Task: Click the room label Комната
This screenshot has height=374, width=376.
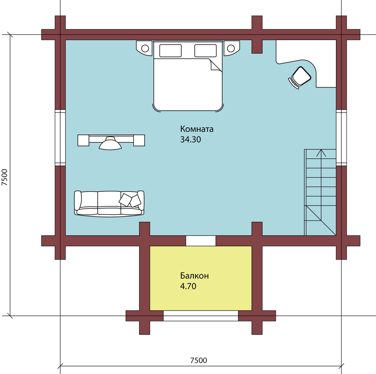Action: (197, 129)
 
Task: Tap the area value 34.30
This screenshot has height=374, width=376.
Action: (191, 140)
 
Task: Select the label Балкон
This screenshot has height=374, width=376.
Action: (194, 276)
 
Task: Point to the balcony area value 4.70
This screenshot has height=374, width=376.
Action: (188, 286)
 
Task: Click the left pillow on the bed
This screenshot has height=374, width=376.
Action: (170, 51)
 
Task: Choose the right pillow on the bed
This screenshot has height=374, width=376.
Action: (206, 51)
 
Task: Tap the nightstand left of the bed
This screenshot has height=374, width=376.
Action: (145, 48)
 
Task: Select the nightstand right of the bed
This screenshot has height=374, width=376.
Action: (231, 48)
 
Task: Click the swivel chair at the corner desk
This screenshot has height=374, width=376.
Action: (300, 77)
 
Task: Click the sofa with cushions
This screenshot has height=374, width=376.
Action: (109, 204)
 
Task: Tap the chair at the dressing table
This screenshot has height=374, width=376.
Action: (110, 144)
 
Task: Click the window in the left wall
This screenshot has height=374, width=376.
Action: (60, 137)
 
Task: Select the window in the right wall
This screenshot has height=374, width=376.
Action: (341, 137)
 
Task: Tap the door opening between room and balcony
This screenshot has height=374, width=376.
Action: (201, 241)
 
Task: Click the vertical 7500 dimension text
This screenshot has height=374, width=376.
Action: (5, 177)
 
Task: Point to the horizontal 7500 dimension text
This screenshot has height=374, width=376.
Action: (198, 360)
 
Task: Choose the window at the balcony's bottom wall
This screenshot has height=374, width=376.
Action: (201, 315)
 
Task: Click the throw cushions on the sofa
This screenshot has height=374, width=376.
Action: (130, 200)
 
